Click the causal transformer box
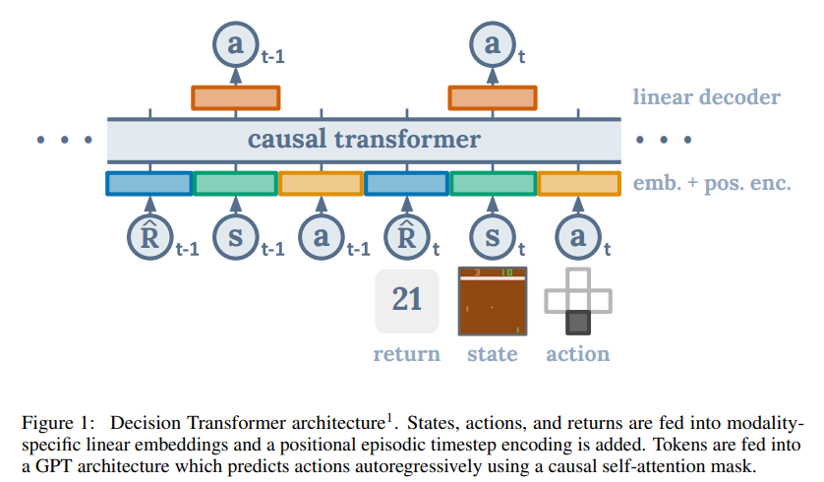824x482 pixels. pyautogui.click(x=364, y=140)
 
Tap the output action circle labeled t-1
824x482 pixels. pyautogui.click(x=234, y=45)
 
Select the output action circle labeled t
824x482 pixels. pyautogui.click(x=492, y=45)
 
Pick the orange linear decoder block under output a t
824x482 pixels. pyautogui.click(x=493, y=97)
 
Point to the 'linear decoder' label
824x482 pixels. pyautogui.click(x=706, y=97)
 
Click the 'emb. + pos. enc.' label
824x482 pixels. pyautogui.click(x=712, y=183)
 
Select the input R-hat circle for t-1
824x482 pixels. pyautogui.click(x=148, y=237)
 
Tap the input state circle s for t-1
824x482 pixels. pyautogui.click(x=234, y=237)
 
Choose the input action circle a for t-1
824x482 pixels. pyautogui.click(x=321, y=237)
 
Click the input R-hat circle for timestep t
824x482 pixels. pyautogui.click(x=406, y=237)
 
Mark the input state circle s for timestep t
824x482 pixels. pyautogui.click(x=492, y=237)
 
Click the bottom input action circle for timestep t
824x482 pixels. pyautogui.click(x=578, y=237)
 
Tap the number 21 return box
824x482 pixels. pyautogui.click(x=407, y=301)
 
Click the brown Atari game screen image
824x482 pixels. pyautogui.click(x=493, y=301)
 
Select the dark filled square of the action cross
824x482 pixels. pyautogui.click(x=578, y=323)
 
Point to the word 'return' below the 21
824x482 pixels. pyautogui.click(x=407, y=354)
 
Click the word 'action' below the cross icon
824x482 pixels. pyautogui.click(x=578, y=354)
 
